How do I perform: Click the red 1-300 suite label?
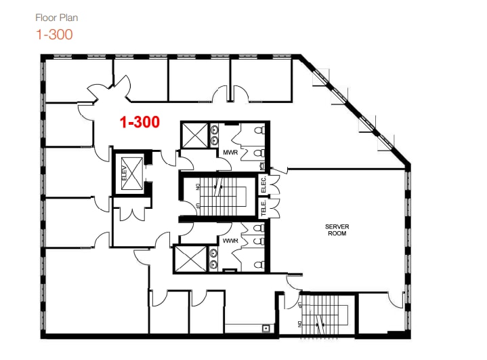(x=140, y=122)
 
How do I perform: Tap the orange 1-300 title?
(x=54, y=33)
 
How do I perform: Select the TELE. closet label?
(x=264, y=208)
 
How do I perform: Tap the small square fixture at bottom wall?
(x=266, y=329)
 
